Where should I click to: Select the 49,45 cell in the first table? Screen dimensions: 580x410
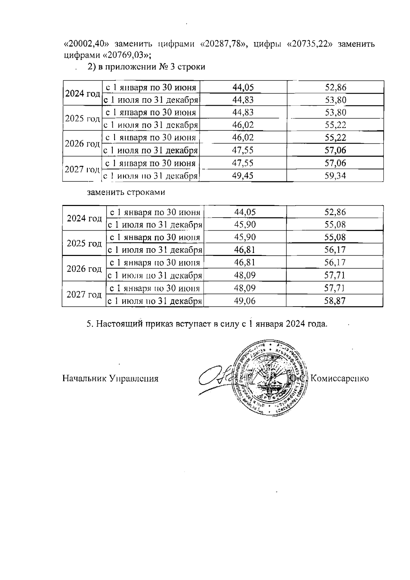243,176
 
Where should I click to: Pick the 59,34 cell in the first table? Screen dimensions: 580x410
335,176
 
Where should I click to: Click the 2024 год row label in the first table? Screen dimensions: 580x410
82,93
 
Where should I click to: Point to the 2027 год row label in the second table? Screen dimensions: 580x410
84,294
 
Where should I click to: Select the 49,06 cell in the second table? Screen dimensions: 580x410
245,301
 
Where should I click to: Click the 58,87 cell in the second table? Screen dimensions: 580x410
335,301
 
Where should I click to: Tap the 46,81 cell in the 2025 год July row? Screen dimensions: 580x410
245,250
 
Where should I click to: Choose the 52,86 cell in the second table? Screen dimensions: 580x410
335,212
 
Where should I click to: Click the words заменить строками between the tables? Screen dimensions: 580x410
126,192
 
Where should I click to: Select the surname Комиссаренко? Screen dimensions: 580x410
340,378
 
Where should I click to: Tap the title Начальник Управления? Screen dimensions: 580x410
110,378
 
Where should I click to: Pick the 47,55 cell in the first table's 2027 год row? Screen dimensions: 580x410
243,163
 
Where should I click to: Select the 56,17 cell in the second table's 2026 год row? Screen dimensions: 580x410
335,262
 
